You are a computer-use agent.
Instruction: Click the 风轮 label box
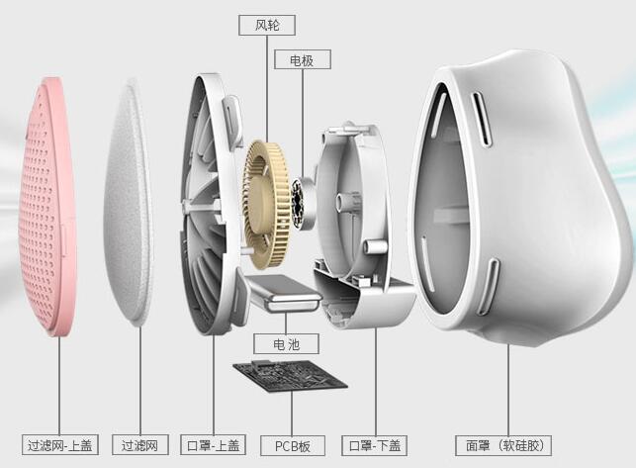(267, 25)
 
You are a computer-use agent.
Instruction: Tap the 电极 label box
(303, 59)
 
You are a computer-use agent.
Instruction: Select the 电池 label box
(287, 344)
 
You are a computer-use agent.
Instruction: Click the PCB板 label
(293, 445)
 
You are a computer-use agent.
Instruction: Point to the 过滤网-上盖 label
(60, 445)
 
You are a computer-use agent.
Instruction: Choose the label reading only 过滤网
(139, 445)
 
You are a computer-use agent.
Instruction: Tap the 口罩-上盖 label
(213, 445)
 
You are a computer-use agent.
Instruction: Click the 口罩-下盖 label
(375, 445)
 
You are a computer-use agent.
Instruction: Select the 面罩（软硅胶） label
(503, 445)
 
